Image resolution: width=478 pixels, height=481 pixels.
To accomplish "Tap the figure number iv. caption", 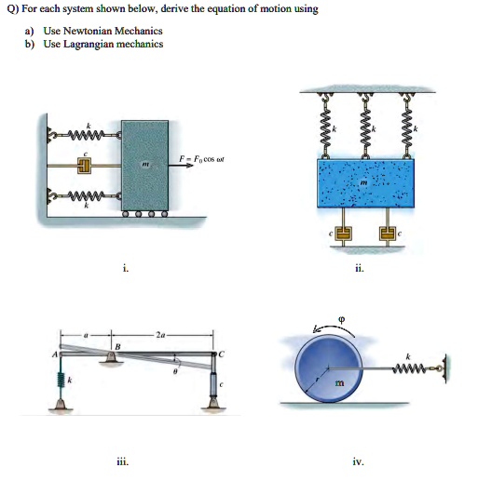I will coord(359,461).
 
